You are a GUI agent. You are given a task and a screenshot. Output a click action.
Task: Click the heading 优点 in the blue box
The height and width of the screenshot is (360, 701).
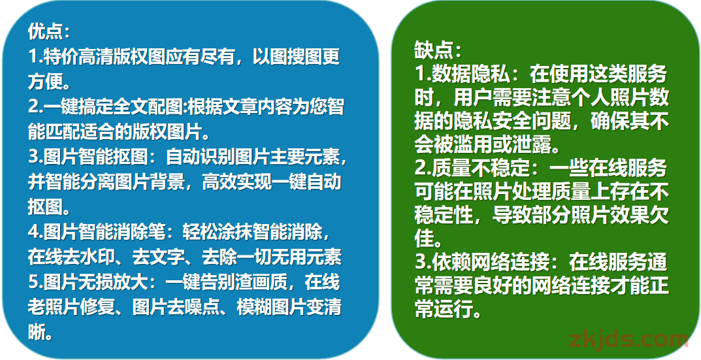coord(44,32)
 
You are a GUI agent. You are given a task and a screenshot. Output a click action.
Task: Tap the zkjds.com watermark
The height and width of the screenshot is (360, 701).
coord(628,341)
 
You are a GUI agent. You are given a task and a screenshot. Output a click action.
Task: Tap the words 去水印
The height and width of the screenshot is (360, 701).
coord(97,257)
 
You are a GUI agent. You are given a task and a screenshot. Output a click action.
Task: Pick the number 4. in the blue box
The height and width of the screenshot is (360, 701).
coord(35,232)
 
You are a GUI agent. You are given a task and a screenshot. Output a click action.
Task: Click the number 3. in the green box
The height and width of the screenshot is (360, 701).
coord(423,263)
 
